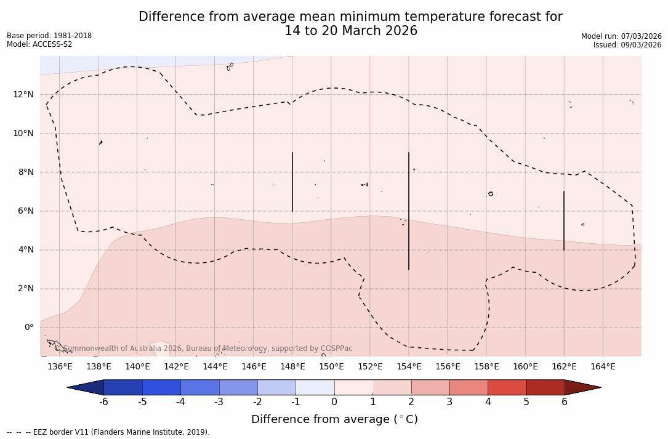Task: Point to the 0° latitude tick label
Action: pos(28,327)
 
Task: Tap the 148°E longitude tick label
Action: pos(292,366)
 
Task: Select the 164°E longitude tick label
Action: pos(603,366)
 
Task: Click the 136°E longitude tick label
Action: pos(60,366)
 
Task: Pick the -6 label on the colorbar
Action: pos(103,402)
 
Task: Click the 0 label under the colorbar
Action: pos(334,402)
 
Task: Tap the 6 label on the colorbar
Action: pos(565,402)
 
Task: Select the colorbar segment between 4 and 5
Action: pos(507,387)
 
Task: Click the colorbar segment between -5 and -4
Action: pos(161,387)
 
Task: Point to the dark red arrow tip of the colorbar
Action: pos(585,387)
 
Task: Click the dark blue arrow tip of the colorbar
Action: pos(83,387)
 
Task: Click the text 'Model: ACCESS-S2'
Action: pos(39,44)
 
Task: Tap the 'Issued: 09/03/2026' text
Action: pos(627,45)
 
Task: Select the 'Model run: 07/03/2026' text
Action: pos(621,36)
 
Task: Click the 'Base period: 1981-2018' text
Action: pos(49,36)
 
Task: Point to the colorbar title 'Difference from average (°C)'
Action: pos(334,419)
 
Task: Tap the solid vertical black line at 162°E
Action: pos(564,220)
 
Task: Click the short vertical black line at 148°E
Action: pos(292,182)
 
